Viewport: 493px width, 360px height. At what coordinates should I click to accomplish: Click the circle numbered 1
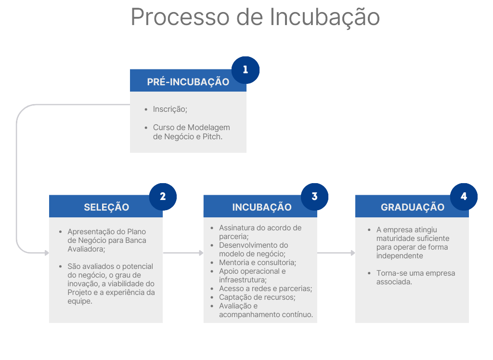[246, 70]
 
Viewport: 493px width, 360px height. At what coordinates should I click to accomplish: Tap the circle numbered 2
[163, 196]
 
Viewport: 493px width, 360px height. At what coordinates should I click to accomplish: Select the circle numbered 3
[314, 196]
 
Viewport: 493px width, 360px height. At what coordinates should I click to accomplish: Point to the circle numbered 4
[464, 196]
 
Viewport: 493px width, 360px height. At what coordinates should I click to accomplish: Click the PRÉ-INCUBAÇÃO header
[188, 82]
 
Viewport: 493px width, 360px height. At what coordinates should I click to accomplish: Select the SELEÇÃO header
[106, 207]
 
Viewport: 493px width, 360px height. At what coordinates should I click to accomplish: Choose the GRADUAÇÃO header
[412, 207]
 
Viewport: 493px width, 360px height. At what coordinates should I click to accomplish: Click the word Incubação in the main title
[324, 17]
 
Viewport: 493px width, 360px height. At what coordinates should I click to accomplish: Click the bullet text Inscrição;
[170, 109]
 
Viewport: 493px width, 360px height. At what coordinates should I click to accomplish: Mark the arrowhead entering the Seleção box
[47, 253]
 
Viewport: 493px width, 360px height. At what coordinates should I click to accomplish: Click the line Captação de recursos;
[257, 297]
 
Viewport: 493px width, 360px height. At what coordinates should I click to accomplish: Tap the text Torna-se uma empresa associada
[415, 277]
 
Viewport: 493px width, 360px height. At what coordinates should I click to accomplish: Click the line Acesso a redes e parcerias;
[265, 289]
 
